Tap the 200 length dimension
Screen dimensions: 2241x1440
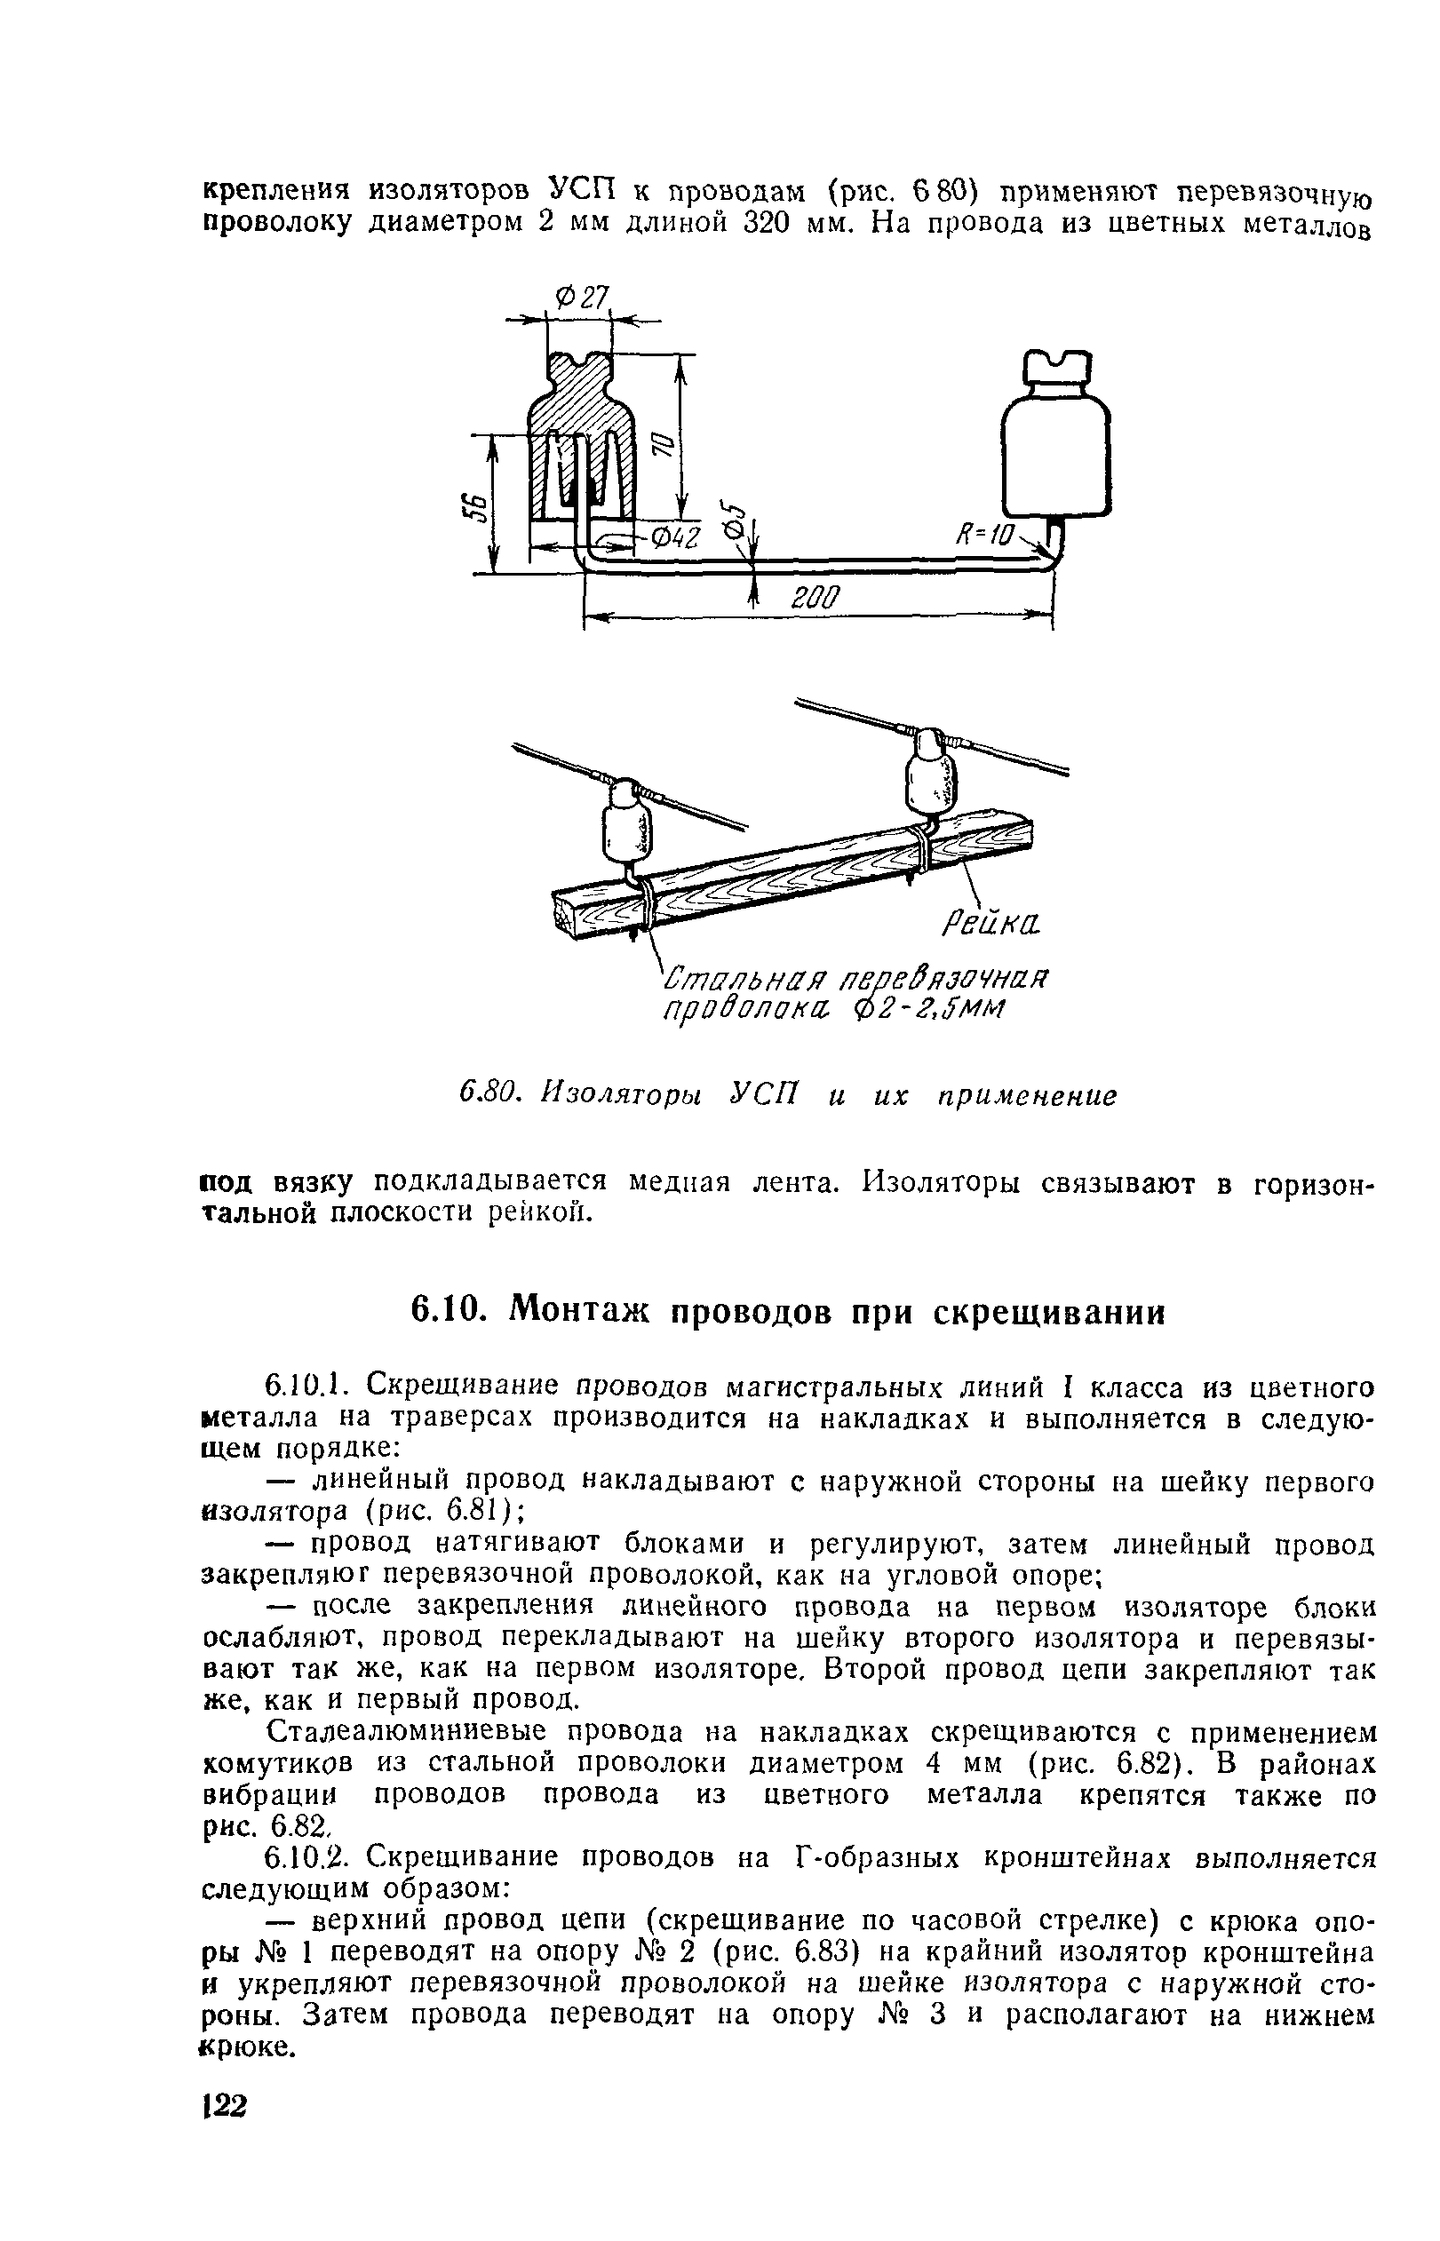pos(816,599)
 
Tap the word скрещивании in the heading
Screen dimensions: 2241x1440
pos(1051,1313)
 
